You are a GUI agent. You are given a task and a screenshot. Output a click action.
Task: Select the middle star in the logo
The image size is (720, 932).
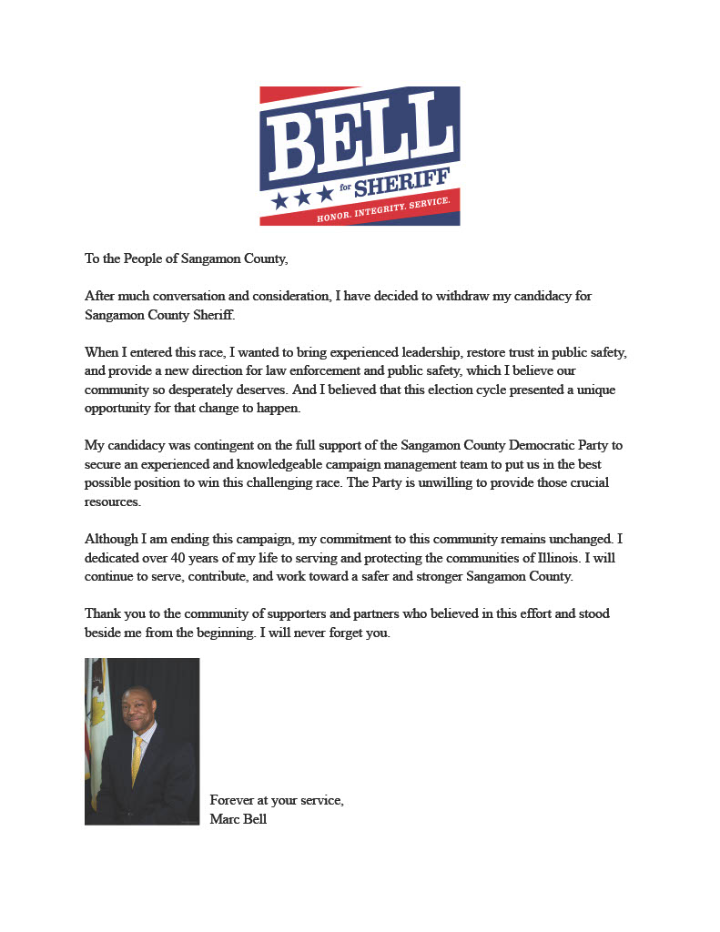[302, 197]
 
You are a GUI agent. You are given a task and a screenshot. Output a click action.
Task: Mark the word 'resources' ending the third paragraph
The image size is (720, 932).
[113, 501]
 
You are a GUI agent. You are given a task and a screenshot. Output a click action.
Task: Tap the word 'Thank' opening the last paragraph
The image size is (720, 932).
[102, 613]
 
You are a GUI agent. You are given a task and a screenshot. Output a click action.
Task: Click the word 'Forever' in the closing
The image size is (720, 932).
[232, 801]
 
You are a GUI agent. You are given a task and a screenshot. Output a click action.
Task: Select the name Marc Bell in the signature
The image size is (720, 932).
[238, 819]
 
